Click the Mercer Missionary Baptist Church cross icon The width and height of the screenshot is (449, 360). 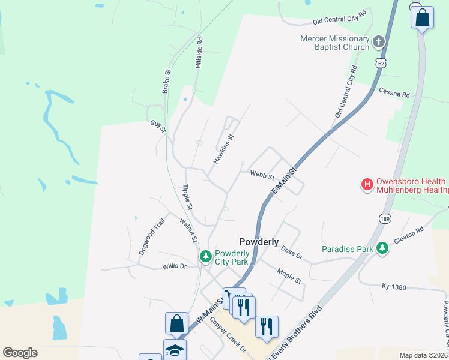point(378,41)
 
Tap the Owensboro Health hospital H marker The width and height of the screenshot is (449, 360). point(366,185)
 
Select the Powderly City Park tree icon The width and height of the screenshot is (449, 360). point(206,257)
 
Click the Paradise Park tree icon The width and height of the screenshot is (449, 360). point(382,248)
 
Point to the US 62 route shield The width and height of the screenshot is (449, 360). point(380,62)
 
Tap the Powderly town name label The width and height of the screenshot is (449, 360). point(259,242)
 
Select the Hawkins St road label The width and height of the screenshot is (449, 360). point(223,149)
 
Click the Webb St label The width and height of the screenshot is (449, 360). point(262,176)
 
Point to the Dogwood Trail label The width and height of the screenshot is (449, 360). point(151,237)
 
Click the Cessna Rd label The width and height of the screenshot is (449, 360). point(394,92)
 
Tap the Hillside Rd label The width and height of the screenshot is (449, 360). point(200,54)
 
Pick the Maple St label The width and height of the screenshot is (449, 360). point(289,276)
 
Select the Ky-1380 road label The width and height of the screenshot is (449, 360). point(394,287)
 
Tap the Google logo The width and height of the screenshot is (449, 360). point(20,353)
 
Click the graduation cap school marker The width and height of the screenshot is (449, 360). point(175,350)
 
